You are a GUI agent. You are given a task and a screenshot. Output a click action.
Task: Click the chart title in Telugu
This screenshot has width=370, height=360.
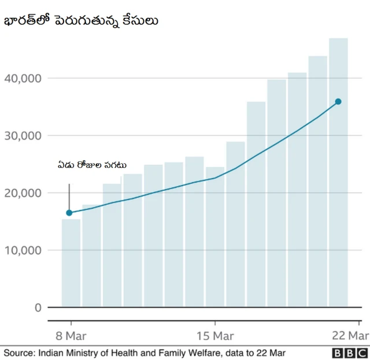click(82, 21)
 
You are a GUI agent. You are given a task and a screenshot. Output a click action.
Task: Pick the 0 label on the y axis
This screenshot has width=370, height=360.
click(38, 307)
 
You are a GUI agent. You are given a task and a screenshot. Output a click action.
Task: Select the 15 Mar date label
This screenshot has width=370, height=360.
click(215, 336)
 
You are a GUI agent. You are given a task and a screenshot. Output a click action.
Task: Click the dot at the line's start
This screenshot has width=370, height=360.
click(69, 212)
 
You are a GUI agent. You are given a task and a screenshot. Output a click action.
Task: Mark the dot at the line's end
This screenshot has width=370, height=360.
click(338, 101)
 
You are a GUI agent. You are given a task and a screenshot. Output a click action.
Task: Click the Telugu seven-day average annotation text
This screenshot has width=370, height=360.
click(92, 166)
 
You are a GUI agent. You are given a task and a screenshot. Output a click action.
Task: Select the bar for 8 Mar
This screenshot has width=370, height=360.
click(71, 263)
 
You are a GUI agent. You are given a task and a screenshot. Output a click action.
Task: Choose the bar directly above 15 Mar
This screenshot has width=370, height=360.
click(215, 237)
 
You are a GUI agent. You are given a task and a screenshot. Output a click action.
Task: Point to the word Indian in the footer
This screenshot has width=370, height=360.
click(52, 352)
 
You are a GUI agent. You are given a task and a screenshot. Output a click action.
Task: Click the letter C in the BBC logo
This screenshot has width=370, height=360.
click(362, 353)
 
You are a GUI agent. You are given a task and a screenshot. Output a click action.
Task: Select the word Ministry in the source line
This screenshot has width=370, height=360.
click(84, 352)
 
